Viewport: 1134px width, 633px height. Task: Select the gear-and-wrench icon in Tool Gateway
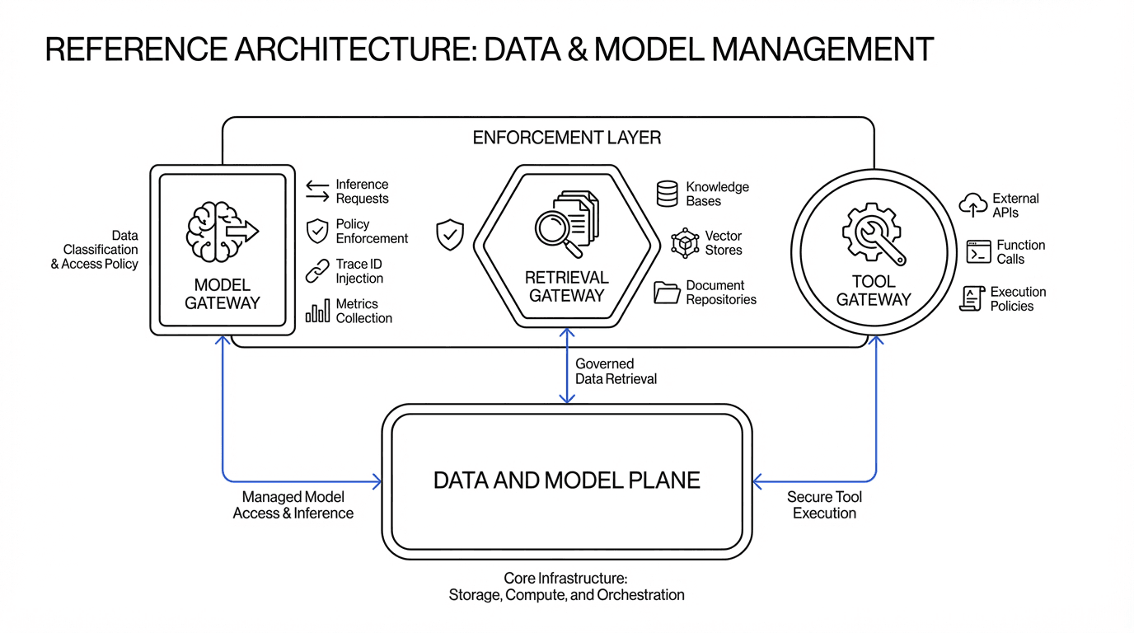coord(873,234)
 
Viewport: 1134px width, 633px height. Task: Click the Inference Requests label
coord(361,191)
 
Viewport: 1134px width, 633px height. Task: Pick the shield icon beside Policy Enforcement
coord(317,232)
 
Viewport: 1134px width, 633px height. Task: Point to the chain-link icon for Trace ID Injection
coord(317,271)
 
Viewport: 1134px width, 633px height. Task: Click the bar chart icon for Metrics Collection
coord(317,311)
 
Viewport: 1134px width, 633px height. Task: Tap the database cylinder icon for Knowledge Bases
coord(667,194)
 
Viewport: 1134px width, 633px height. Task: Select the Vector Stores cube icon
coord(685,243)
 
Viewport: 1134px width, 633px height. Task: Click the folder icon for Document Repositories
coord(667,293)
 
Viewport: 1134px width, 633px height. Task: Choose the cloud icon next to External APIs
coord(973,204)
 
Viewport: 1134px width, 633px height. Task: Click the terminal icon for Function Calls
coord(978,251)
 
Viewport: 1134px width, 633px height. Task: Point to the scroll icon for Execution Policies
coord(972,298)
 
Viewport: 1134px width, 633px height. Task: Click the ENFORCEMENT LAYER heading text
coord(566,138)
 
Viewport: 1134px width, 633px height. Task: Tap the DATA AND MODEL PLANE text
coord(566,481)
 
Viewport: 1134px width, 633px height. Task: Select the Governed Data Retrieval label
coord(616,371)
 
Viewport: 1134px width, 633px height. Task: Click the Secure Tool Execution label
coord(824,504)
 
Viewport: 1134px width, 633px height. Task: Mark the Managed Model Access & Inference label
coord(293,504)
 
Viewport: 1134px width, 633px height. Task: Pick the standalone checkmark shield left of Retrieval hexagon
coord(450,235)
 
